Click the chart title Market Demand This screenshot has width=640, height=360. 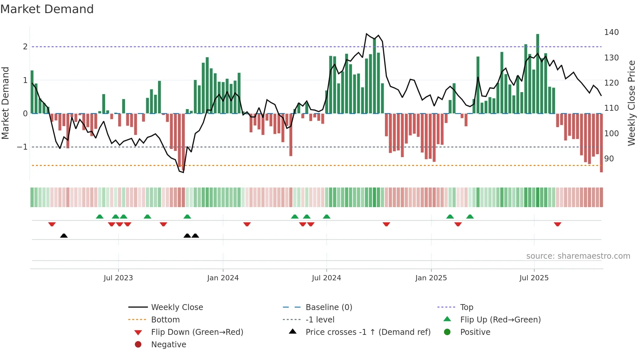pos(47,9)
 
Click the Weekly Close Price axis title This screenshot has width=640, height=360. pos(632,103)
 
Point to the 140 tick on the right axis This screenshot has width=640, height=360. pos(611,32)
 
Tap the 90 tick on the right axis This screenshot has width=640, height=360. pos(609,159)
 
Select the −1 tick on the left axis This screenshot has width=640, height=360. pos(23,147)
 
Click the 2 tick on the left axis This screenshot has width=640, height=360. pos(25,47)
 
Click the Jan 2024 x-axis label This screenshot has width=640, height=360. pos(223,278)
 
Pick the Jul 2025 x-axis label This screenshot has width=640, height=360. pos(534,278)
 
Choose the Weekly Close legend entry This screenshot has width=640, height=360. pos(177,307)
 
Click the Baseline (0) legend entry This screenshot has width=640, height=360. pos(328,307)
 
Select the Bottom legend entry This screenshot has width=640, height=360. pos(165,320)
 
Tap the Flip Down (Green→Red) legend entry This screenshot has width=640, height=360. pos(197,332)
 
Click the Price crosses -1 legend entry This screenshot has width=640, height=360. pos(368,332)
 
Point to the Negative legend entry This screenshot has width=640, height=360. pos(168,345)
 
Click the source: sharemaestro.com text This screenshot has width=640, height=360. pos(578,256)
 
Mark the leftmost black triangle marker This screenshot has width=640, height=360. pos(64,236)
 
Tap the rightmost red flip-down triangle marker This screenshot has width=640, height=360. pos(557,224)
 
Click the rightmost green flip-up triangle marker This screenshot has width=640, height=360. pos(470,217)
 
